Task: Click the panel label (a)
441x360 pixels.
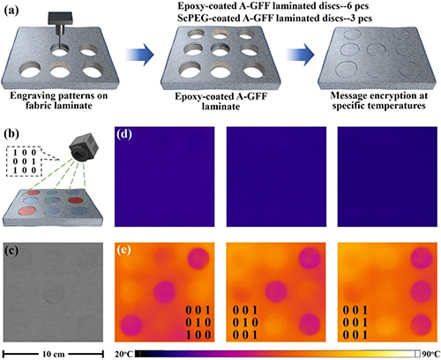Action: point(11,11)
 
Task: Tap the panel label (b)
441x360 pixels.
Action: point(11,134)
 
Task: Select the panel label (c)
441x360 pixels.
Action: point(11,251)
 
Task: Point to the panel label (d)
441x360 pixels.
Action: point(124,134)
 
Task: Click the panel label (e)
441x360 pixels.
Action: point(124,250)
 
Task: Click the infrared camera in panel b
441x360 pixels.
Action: point(82,148)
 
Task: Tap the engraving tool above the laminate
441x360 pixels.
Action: point(61,29)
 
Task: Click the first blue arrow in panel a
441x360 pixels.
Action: point(140,55)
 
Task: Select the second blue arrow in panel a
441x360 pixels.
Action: point(300,55)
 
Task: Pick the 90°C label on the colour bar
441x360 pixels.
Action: point(431,354)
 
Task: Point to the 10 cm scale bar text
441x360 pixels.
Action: point(53,354)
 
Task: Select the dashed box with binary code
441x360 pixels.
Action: point(24,161)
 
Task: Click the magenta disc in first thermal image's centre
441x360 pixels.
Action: point(164,292)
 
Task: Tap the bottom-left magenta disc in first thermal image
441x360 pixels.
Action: point(131,326)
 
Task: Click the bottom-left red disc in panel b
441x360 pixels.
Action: point(27,211)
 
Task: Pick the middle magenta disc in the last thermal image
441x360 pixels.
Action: point(422,292)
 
